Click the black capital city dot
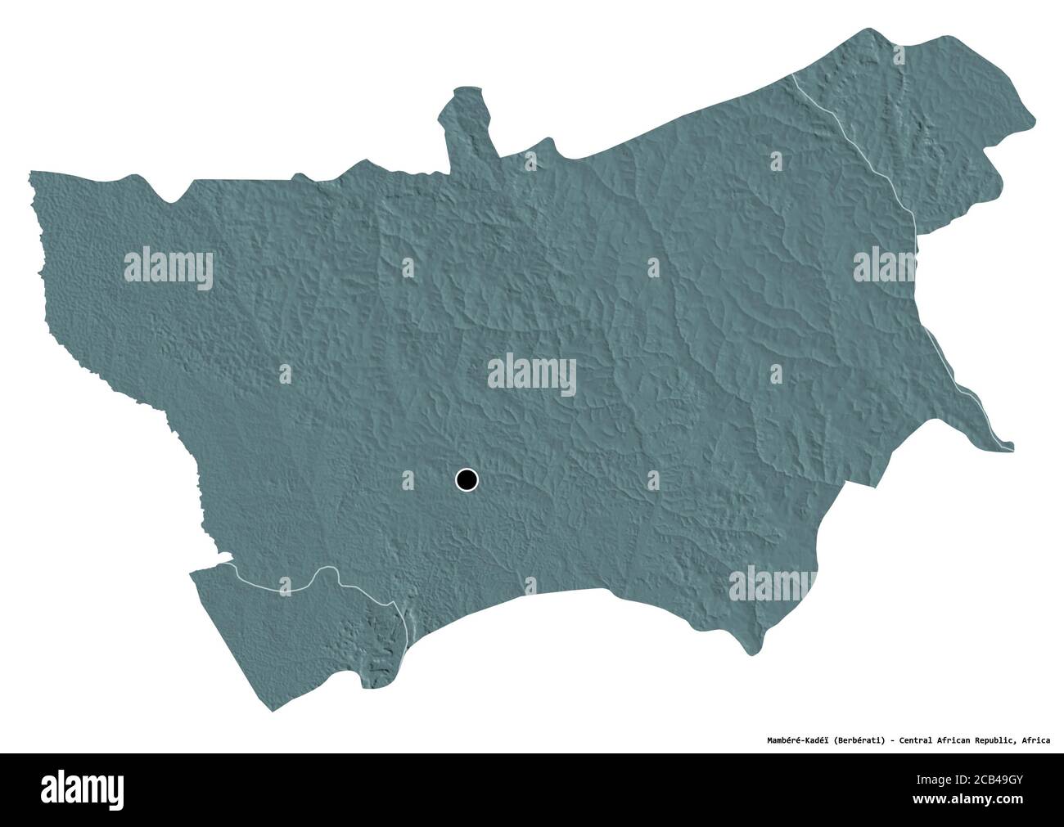466,479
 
